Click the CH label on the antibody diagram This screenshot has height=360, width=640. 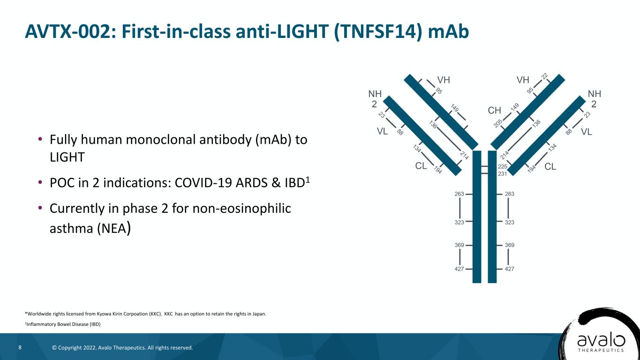(494, 110)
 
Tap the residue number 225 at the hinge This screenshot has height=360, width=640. (502, 166)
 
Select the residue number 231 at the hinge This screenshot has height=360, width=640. (502, 174)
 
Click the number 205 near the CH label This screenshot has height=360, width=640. (498, 123)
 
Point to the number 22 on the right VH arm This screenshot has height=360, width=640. (544, 76)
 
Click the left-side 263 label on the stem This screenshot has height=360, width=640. (459, 194)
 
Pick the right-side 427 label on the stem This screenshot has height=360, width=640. (510, 269)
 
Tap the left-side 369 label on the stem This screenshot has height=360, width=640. (459, 245)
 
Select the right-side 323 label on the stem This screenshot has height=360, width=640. (510, 222)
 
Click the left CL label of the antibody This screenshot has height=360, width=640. (421, 166)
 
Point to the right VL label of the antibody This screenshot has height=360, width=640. (587, 132)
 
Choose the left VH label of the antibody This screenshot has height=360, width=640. (444, 80)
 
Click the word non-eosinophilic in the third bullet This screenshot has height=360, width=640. (242, 209)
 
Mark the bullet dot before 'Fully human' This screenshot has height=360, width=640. (40, 139)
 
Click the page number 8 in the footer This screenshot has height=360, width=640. (20, 347)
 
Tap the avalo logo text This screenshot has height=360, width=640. (601, 341)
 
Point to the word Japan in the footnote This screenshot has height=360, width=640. (259, 314)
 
